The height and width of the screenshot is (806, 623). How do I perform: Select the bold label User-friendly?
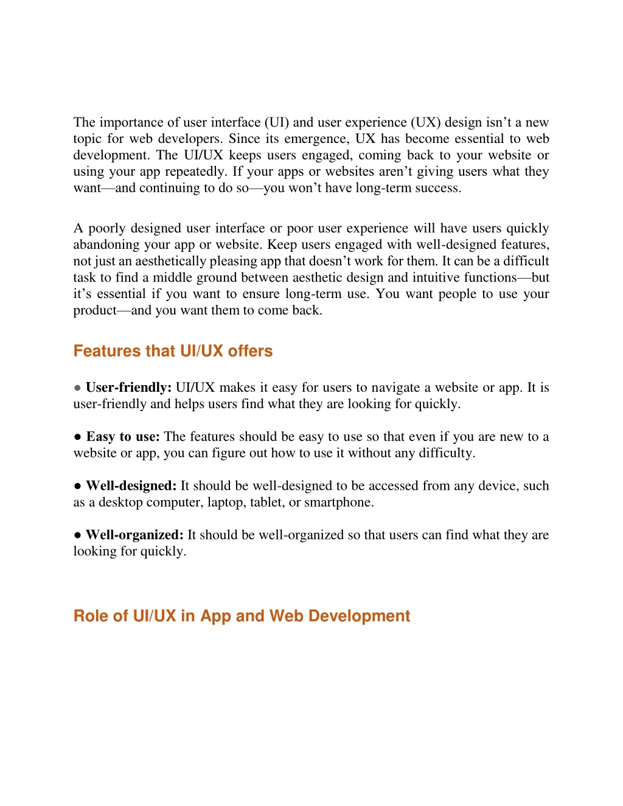click(x=128, y=387)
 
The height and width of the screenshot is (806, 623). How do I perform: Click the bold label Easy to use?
click(x=123, y=437)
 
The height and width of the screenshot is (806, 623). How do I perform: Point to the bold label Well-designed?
click(x=131, y=486)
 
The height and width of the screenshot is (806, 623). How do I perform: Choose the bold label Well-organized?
click(x=134, y=535)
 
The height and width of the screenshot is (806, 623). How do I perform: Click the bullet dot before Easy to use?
click(x=78, y=437)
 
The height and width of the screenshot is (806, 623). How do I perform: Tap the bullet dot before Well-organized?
click(x=78, y=535)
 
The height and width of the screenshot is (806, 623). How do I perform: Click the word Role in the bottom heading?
click(x=91, y=616)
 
